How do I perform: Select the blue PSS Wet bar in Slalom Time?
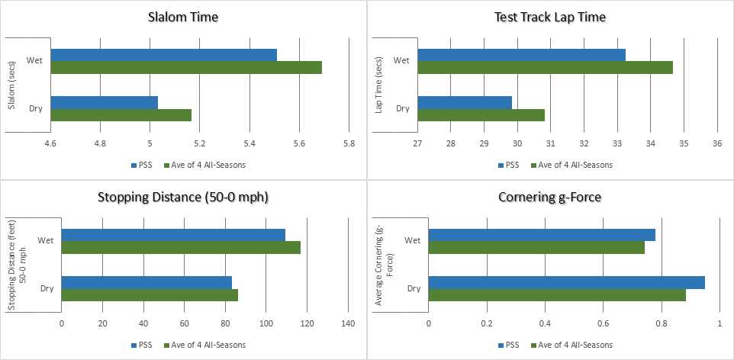(x=163, y=54)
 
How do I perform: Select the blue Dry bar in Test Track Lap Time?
(x=465, y=102)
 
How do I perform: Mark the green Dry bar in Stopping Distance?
(x=150, y=295)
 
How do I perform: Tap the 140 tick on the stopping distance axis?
(x=347, y=323)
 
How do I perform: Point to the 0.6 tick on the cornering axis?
(x=604, y=323)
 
